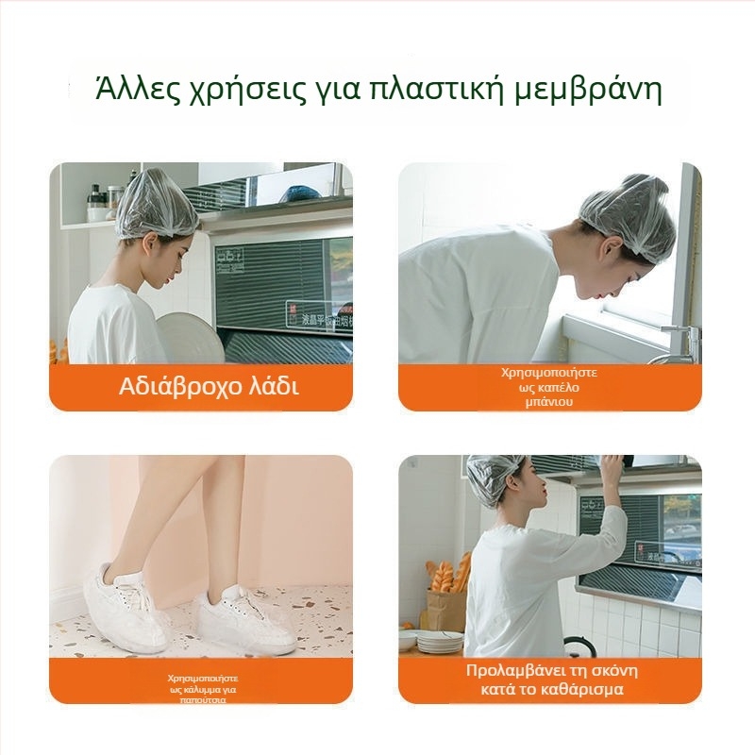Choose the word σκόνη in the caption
click(612, 671)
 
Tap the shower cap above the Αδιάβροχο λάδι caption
click(157, 205)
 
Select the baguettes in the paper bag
click(449, 575)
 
